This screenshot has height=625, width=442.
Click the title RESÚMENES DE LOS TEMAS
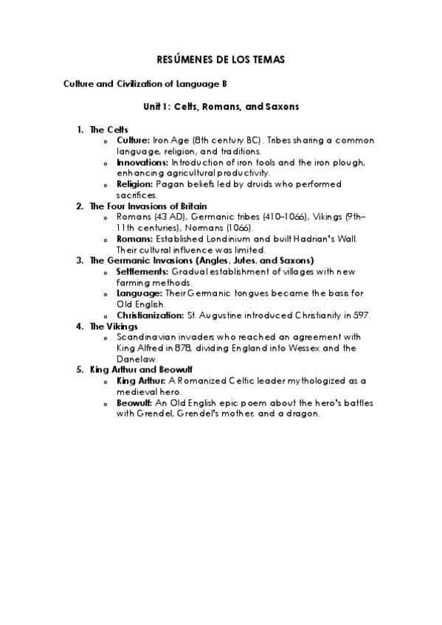click(221, 58)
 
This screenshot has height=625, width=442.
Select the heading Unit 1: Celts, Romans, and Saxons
click(221, 107)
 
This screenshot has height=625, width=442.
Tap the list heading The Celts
click(108, 129)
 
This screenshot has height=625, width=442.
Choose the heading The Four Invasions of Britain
click(148, 206)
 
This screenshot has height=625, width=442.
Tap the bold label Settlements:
click(142, 271)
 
